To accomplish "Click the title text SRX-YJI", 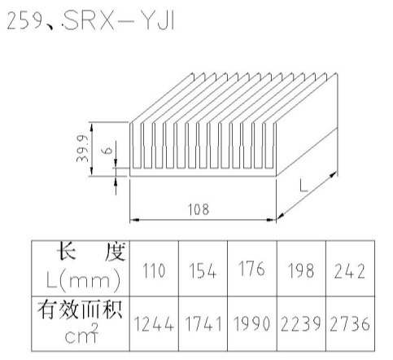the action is (119, 21).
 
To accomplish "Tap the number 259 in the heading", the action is (24, 21).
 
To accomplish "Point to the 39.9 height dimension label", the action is (82, 149).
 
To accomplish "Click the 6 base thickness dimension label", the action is (108, 150).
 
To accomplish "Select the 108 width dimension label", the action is (199, 209).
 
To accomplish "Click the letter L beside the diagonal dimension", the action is (303, 187).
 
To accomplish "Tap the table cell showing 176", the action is (251, 269).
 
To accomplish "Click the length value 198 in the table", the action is (301, 270).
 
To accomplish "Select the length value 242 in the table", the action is (350, 271).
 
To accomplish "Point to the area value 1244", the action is (154, 324).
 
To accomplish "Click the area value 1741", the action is (203, 324).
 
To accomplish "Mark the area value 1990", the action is (251, 324).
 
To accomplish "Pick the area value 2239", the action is (301, 324).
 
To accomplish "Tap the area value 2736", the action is (350, 324).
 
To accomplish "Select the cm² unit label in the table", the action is (81, 334).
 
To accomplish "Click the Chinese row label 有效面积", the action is (80, 310).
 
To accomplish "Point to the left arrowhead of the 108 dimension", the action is (133, 220).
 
